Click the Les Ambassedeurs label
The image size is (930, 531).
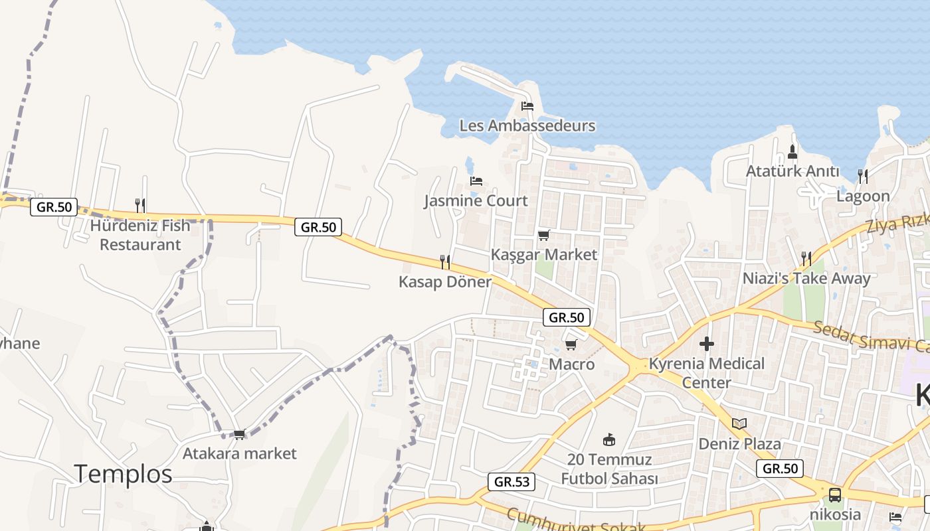point(527,125)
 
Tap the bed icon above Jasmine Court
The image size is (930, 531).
point(476,181)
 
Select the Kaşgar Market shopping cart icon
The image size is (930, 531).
point(544,235)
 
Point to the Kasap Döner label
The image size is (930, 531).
point(445,281)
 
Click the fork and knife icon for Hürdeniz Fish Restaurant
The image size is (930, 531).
point(140,205)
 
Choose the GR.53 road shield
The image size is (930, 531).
point(511,481)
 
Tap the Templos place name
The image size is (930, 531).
point(123,474)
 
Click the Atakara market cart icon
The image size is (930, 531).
point(239,434)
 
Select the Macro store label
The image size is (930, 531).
point(571,364)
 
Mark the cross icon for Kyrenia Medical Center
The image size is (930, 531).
point(707,344)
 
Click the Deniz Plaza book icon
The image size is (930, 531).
point(739,423)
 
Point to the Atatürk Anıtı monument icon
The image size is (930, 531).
point(792,152)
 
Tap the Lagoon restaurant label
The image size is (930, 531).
point(863,196)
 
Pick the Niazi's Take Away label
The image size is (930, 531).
point(806,278)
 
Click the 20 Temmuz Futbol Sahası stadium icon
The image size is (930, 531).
point(609,439)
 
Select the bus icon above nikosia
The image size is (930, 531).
point(835,494)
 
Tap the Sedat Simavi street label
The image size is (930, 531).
point(870,337)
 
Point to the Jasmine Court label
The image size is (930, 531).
point(476,200)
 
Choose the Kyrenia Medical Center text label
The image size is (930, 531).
point(707,373)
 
